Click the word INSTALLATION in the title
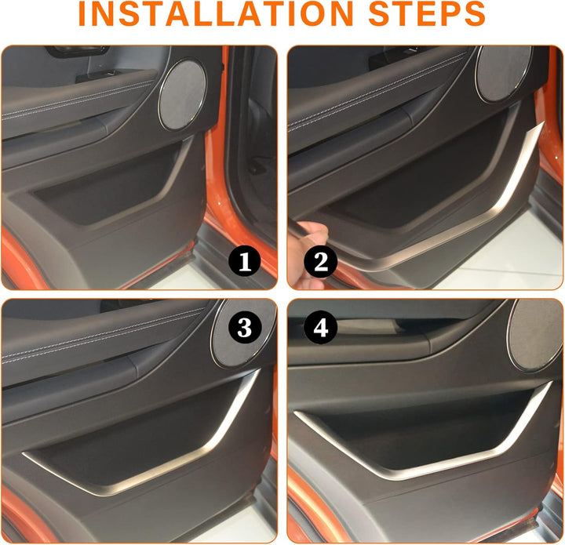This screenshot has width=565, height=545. click(216, 13)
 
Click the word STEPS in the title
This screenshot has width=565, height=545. click(427, 13)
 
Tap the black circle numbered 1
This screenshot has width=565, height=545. click(245, 261)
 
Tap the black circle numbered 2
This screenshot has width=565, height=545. click(320, 261)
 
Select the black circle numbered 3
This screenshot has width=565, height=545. click(245, 328)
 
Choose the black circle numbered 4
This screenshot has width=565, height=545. click(320, 328)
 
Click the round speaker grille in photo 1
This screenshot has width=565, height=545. click(183, 95)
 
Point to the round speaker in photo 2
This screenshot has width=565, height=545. click(503, 74)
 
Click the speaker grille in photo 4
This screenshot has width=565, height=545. click(536, 335)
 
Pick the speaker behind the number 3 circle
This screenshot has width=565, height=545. click(243, 333)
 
